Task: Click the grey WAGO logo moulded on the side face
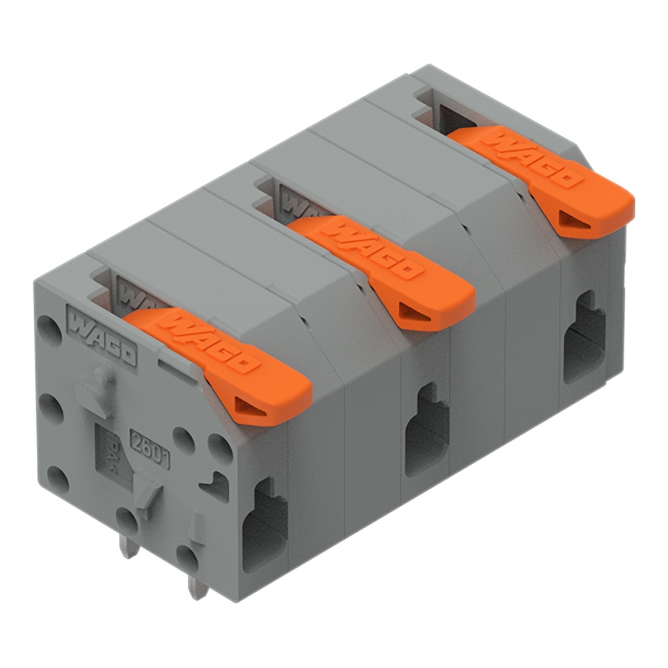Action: click(102, 341)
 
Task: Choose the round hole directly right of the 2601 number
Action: click(182, 438)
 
